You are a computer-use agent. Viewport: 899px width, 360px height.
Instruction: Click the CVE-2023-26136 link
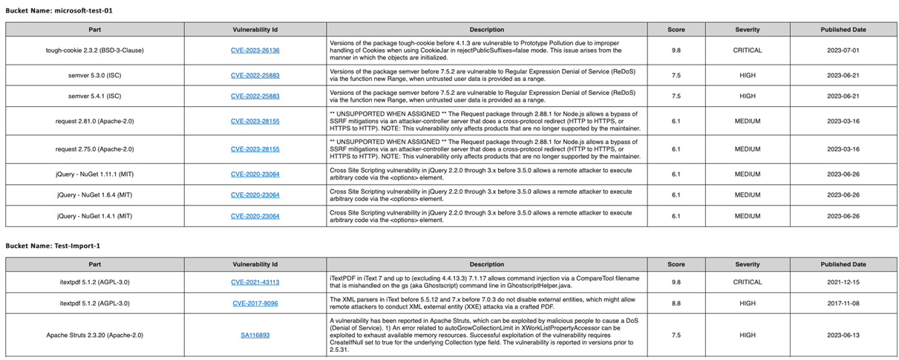[x=255, y=50]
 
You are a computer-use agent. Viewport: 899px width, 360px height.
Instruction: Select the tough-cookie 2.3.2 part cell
[x=95, y=50]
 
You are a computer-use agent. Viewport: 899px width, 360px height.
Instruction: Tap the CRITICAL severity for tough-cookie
[x=747, y=50]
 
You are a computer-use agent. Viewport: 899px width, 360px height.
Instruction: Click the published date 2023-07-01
[x=843, y=50]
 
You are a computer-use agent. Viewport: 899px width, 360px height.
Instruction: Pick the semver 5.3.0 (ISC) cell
[x=95, y=75]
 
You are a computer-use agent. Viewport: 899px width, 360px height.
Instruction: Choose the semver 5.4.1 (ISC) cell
[x=95, y=96]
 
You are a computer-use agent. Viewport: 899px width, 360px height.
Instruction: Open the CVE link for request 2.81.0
[x=255, y=120]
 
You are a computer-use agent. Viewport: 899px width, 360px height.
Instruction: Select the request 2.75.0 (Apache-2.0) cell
[x=95, y=149]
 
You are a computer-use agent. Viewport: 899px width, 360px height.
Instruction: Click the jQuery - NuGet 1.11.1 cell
[x=95, y=174]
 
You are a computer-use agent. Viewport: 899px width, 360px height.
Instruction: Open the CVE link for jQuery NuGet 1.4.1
[x=255, y=216]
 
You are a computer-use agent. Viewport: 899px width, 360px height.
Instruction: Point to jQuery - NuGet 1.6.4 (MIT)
[x=95, y=195]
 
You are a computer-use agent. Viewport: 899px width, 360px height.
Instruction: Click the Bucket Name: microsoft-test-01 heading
[x=59, y=11]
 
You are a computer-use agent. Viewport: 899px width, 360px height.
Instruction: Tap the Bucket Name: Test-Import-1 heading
[x=53, y=245]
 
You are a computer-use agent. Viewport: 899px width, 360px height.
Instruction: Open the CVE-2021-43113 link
[x=255, y=282]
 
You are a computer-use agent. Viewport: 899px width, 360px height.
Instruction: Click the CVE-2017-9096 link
[x=255, y=303]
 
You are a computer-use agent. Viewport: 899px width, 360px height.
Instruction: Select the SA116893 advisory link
[x=255, y=336]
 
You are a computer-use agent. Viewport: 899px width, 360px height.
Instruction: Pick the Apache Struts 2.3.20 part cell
[x=95, y=336]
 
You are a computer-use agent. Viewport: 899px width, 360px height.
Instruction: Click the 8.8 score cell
[x=676, y=303]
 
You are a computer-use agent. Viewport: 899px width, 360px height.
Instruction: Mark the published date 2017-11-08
[x=843, y=303]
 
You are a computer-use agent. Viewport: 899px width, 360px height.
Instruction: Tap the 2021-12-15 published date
[x=843, y=282]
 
